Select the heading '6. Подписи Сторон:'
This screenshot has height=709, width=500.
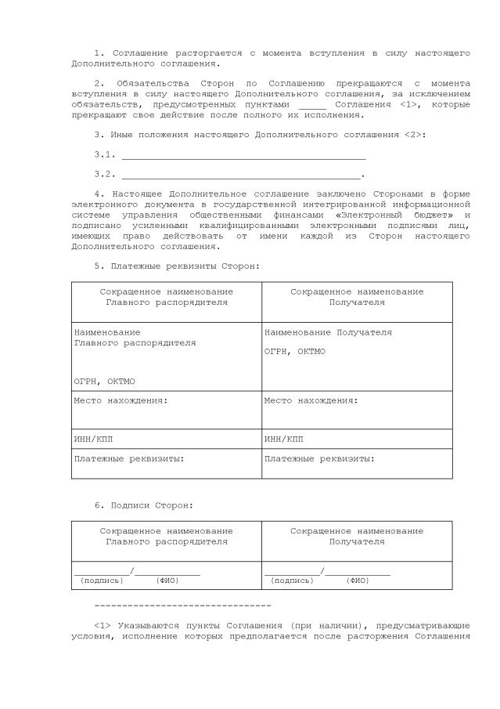(x=144, y=506)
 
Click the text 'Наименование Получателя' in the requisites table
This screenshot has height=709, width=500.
(x=328, y=333)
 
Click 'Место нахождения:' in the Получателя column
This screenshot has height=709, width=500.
(x=311, y=401)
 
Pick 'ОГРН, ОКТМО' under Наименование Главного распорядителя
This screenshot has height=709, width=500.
(x=105, y=382)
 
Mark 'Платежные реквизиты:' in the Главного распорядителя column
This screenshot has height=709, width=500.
(x=129, y=458)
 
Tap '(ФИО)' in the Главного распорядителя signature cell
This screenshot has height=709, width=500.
(x=167, y=581)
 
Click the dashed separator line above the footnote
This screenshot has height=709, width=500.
(x=182, y=606)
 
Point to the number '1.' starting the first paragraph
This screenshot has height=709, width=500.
(x=99, y=52)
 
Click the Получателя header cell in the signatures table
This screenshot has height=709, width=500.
(x=357, y=537)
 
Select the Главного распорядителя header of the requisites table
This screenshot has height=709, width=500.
(x=166, y=297)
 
